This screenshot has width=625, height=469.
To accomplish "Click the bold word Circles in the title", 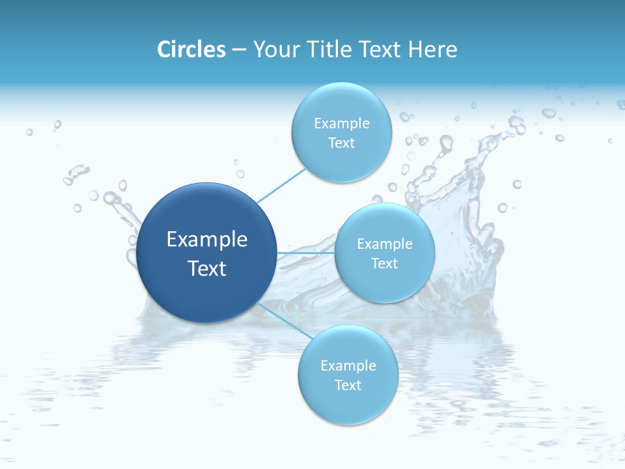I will [x=191, y=49].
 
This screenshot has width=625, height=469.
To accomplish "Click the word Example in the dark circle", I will [x=207, y=240].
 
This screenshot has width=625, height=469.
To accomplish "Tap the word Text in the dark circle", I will [x=207, y=268].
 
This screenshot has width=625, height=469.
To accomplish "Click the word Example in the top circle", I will [x=341, y=123].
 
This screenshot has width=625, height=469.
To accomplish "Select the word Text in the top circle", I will [x=341, y=143].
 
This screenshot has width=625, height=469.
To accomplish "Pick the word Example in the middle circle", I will [x=384, y=244].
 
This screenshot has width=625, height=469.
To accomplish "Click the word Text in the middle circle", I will [x=384, y=263].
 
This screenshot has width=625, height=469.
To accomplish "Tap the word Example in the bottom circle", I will [x=348, y=365].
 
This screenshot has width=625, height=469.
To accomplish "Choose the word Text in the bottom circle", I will [x=348, y=385].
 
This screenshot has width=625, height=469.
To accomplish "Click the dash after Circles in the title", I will [x=239, y=50].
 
